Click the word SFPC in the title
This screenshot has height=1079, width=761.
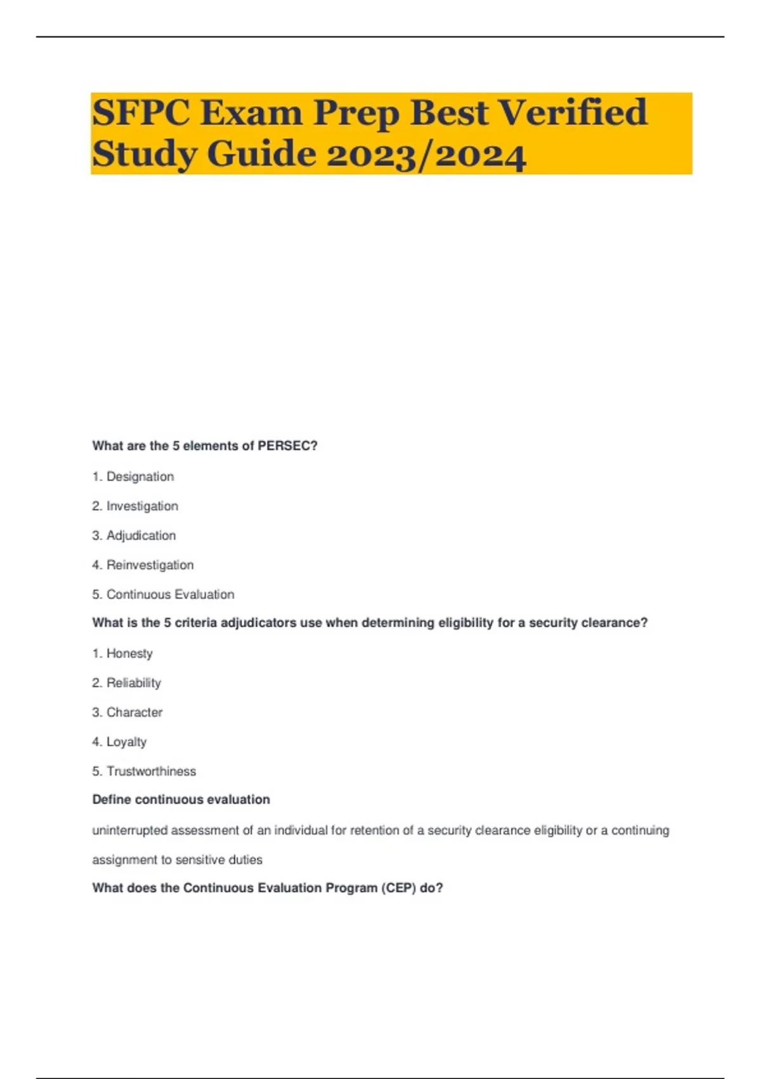click(141, 113)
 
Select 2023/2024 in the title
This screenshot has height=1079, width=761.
click(426, 154)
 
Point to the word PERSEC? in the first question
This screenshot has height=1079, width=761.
click(287, 446)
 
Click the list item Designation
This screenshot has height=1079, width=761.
click(140, 477)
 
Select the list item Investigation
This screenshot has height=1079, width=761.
click(142, 506)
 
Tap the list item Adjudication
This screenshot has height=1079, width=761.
click(141, 536)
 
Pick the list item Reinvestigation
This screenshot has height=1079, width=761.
click(150, 565)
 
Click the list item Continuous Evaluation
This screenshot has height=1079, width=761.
click(170, 595)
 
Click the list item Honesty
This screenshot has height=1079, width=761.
click(129, 654)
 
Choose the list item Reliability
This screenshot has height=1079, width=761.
click(133, 683)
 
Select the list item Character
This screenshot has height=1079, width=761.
click(134, 713)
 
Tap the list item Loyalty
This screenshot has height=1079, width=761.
click(126, 742)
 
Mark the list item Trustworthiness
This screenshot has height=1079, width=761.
click(151, 772)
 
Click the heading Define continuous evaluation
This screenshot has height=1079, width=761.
click(181, 800)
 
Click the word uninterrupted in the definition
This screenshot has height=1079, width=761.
click(130, 831)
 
